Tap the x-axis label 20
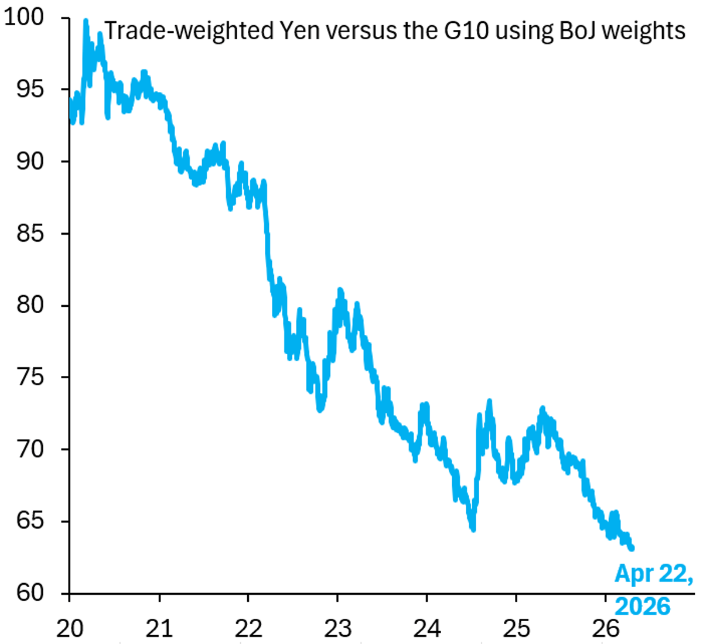(x=70, y=628)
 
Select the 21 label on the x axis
(x=159, y=628)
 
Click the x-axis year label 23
(x=337, y=628)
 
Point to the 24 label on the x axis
(x=427, y=628)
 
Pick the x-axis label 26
(x=606, y=628)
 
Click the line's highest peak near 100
(x=86, y=21)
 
